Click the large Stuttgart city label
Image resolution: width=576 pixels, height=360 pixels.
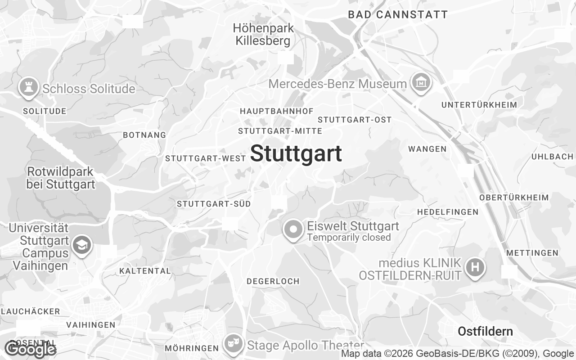[x=296, y=154]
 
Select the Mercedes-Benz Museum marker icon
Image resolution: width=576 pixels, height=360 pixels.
[x=421, y=83]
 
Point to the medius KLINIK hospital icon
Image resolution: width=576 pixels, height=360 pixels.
[x=475, y=267]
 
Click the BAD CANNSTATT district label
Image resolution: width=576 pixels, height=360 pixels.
[x=398, y=15]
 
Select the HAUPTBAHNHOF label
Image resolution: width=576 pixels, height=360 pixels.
[x=277, y=111]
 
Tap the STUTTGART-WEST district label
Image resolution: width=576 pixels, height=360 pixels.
[x=206, y=158]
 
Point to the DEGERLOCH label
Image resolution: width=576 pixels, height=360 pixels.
[x=273, y=281]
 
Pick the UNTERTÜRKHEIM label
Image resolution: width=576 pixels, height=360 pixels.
[x=479, y=105]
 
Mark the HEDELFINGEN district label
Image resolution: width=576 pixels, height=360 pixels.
[x=447, y=212]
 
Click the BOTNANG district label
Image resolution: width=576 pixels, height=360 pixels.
[x=144, y=135]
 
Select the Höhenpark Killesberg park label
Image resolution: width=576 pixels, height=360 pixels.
[x=263, y=35]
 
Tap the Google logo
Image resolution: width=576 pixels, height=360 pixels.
[x=31, y=349]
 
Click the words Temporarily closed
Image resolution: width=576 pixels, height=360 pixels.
[x=349, y=238]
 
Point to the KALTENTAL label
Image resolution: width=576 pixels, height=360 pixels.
[x=145, y=271]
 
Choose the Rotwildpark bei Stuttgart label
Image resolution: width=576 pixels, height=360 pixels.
[x=60, y=178]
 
